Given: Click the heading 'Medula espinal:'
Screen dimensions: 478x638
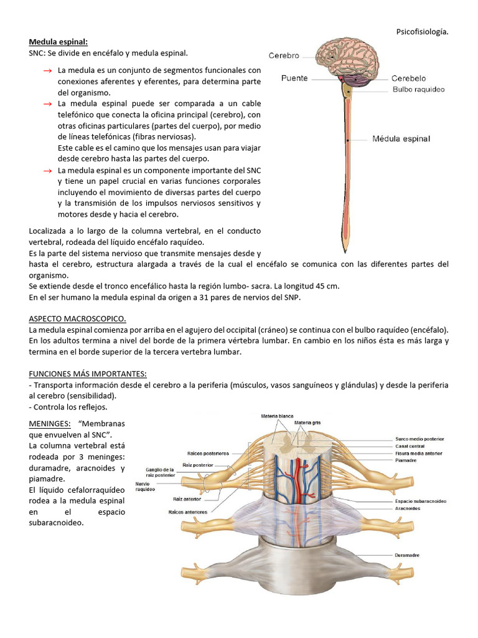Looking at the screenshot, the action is click(59, 42).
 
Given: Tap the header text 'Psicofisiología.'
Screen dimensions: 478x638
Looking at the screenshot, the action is click(422, 31).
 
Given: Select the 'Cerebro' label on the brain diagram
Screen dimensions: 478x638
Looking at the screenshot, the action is click(284, 55).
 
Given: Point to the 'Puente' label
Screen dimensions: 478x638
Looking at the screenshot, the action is click(295, 79).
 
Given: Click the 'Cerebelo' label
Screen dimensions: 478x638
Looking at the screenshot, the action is click(408, 79).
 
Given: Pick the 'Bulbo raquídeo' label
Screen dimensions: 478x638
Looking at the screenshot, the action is click(418, 90).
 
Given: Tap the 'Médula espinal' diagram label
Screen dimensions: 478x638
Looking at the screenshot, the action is click(401, 138).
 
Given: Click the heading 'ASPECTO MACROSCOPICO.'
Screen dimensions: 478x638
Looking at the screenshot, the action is click(78, 318).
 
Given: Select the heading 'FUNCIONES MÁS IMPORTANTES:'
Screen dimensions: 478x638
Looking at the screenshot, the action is click(88, 374).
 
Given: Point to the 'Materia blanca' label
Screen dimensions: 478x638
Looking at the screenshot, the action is click(278, 416).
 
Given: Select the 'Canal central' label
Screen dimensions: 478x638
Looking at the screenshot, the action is click(410, 446).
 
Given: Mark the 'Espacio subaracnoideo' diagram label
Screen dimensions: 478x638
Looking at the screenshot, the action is click(421, 501).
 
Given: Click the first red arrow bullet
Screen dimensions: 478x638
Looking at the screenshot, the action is click(47, 71).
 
